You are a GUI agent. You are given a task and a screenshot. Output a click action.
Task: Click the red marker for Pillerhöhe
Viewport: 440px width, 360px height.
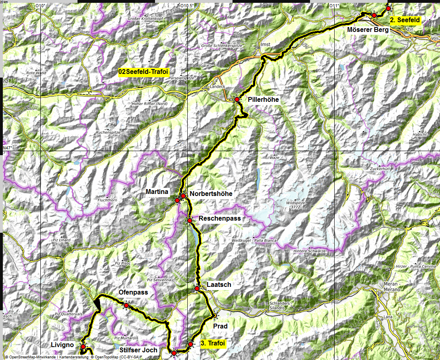coord(237,99)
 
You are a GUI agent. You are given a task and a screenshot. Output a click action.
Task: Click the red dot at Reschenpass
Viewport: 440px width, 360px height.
coord(189,220)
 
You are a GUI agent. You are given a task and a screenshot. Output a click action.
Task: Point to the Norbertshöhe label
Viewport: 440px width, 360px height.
coord(211,194)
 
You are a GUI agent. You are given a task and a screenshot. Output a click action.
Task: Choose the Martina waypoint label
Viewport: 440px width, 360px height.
coord(157,192)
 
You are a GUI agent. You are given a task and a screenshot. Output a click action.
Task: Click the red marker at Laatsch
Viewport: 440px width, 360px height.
coord(197,288)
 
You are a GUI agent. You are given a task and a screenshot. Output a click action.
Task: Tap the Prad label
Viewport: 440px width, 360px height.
coord(220,326)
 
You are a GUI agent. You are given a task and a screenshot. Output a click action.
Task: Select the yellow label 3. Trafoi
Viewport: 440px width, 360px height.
coord(213,344)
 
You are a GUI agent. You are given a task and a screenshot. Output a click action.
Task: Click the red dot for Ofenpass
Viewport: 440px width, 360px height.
coord(126,305)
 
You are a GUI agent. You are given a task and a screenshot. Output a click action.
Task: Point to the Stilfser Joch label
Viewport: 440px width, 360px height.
coord(139,350)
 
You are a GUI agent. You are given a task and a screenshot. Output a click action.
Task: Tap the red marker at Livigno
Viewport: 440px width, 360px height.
coord(83,347)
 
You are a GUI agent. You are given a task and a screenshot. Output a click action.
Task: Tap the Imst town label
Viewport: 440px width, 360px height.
coord(265,44)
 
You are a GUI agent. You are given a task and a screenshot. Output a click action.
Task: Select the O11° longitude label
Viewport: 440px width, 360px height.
coord(333,6)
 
